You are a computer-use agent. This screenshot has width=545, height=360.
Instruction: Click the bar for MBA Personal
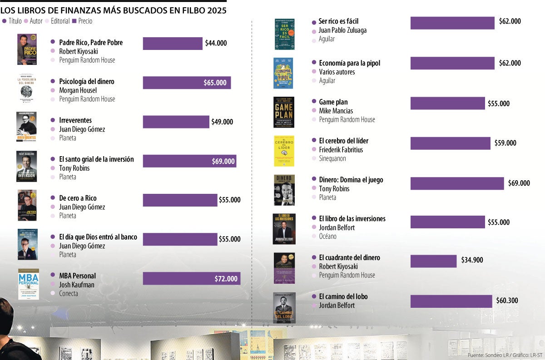pyautogui.click(x=191, y=278)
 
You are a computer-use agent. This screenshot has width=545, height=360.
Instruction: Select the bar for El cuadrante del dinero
pyautogui.click(x=433, y=261)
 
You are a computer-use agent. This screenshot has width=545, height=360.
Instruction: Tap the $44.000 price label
pyautogui.click(x=216, y=44)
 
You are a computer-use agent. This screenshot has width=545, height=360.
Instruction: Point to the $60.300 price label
pyautogui.click(x=507, y=301)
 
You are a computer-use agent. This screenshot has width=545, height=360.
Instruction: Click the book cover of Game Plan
pyautogui.click(x=284, y=112)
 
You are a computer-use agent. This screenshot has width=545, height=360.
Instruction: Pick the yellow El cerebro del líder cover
pyautogui.click(x=284, y=151)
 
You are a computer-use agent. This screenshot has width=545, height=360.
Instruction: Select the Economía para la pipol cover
pyautogui.click(x=284, y=73)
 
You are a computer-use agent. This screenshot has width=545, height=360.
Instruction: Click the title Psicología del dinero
pyautogui.click(x=86, y=82)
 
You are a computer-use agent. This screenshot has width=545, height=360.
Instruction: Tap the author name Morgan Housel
pyautogui.click(x=78, y=90)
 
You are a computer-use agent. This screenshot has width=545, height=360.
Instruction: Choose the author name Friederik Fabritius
pyautogui.click(x=341, y=150)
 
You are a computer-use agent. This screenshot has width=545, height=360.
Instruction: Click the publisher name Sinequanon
pyautogui.click(x=332, y=158)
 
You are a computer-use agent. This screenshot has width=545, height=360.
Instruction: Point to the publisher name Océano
pyautogui.click(x=327, y=236)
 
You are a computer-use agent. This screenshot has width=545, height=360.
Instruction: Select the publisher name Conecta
pyautogui.click(x=68, y=293)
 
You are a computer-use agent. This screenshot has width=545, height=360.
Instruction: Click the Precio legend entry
pyautogui.click(x=82, y=21)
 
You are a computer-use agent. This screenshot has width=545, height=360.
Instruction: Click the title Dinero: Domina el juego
pyautogui.click(x=351, y=180)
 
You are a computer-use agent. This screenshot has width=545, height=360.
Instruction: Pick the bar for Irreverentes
pyautogui.click(x=176, y=122)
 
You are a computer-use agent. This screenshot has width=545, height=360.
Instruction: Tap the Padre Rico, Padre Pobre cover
pyautogui.click(x=27, y=49)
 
